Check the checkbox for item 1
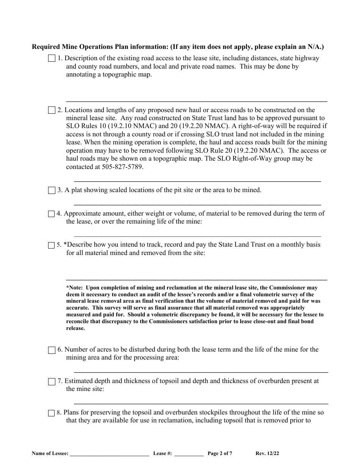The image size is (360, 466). click(52, 59)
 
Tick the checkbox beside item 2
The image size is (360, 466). click(52, 111)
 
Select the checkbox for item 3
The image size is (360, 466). click(52, 191)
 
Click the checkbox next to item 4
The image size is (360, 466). click(52, 214)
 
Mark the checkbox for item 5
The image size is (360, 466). click(52, 245)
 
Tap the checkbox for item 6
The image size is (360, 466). click(52, 350)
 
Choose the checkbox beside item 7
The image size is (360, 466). click(52, 382)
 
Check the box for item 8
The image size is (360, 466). click(52, 413)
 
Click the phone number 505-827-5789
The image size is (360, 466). click(122, 167)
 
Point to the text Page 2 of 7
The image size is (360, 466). click(220, 453)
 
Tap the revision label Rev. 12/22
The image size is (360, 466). click(268, 453)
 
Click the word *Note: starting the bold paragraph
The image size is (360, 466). click(74, 288)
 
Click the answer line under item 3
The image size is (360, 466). click(197, 204)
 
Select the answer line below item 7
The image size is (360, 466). click(201, 403)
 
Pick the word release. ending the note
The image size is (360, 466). click(75, 328)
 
